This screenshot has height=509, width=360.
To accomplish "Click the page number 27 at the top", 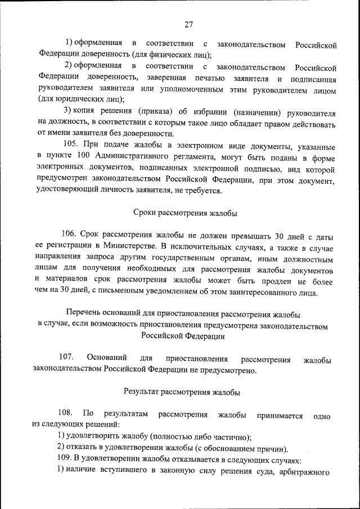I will (188, 24).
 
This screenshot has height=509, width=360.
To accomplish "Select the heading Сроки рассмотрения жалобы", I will (185, 213).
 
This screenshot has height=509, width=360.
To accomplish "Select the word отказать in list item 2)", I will (84, 448).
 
